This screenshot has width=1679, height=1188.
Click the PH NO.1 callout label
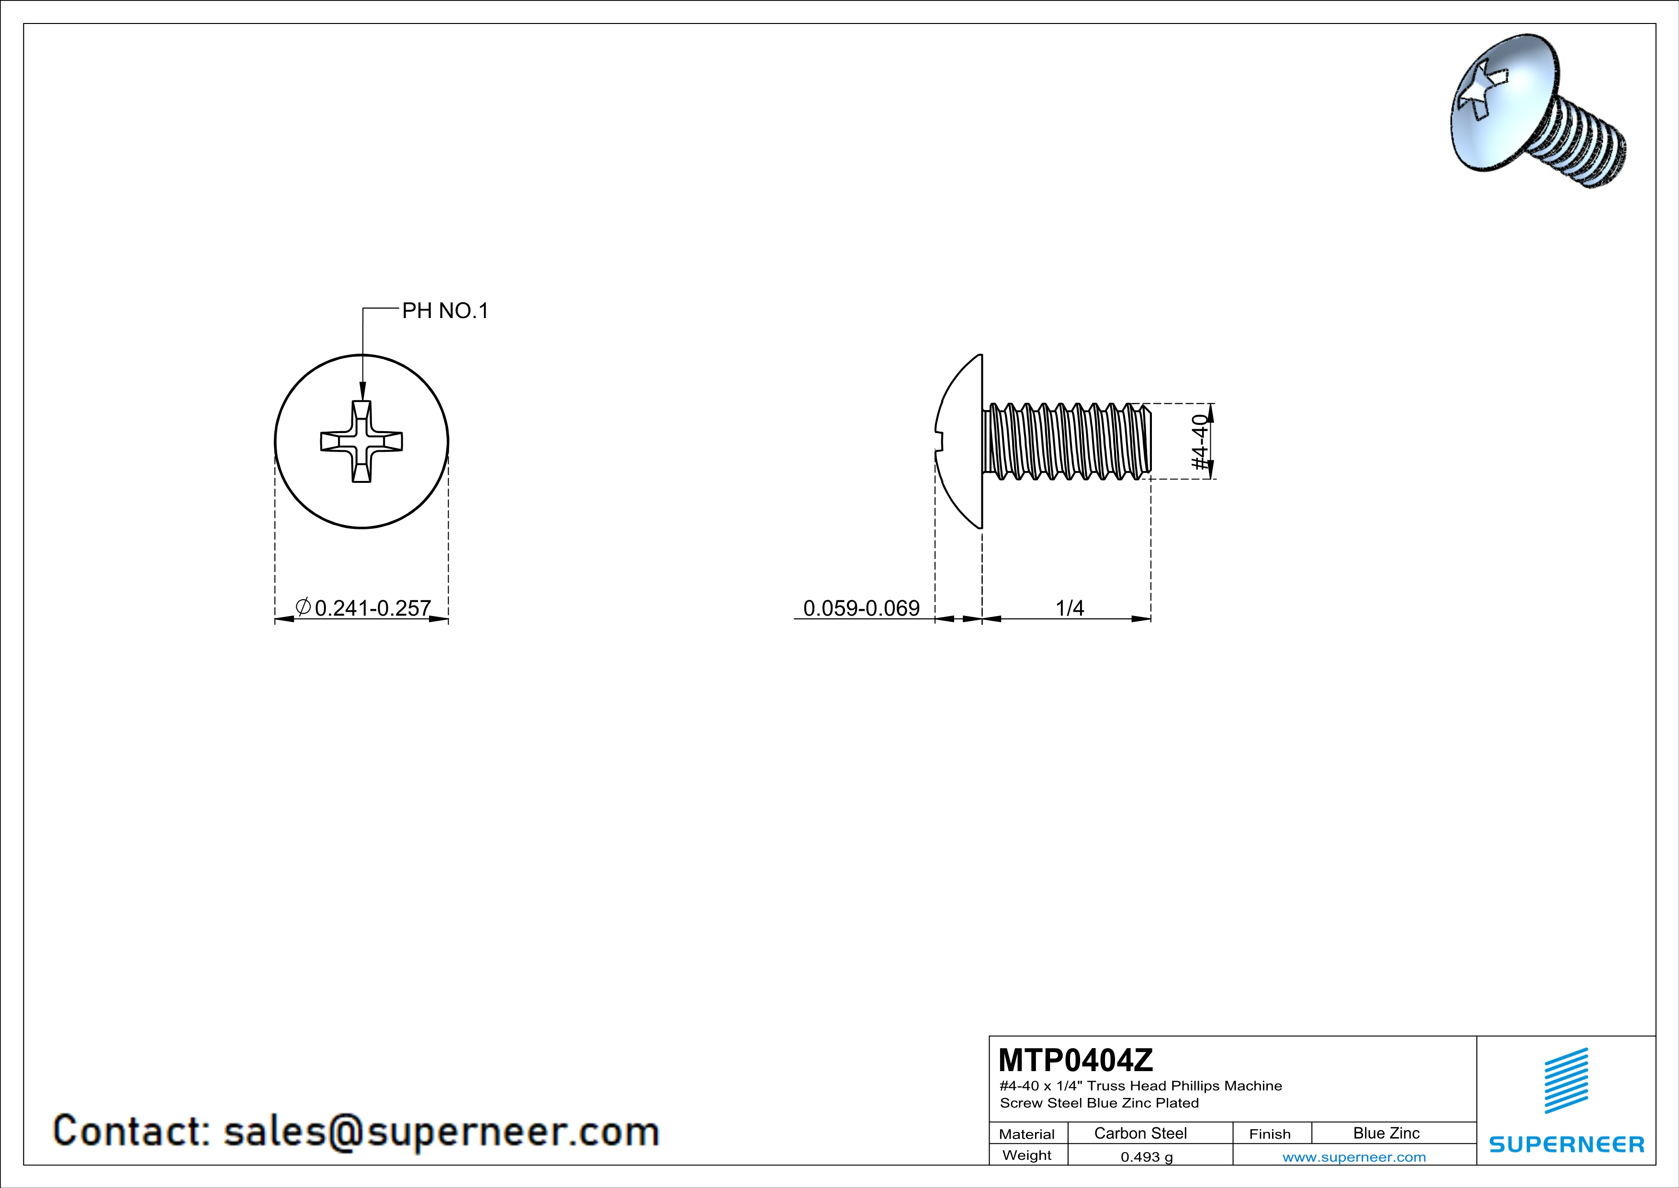coord(445,311)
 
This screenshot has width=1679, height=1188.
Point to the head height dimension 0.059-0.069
coord(861,608)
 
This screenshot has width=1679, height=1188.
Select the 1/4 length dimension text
coord(1070,608)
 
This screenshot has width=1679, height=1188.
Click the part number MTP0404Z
coord(1075,1060)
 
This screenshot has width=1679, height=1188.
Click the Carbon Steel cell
coord(1140,1133)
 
